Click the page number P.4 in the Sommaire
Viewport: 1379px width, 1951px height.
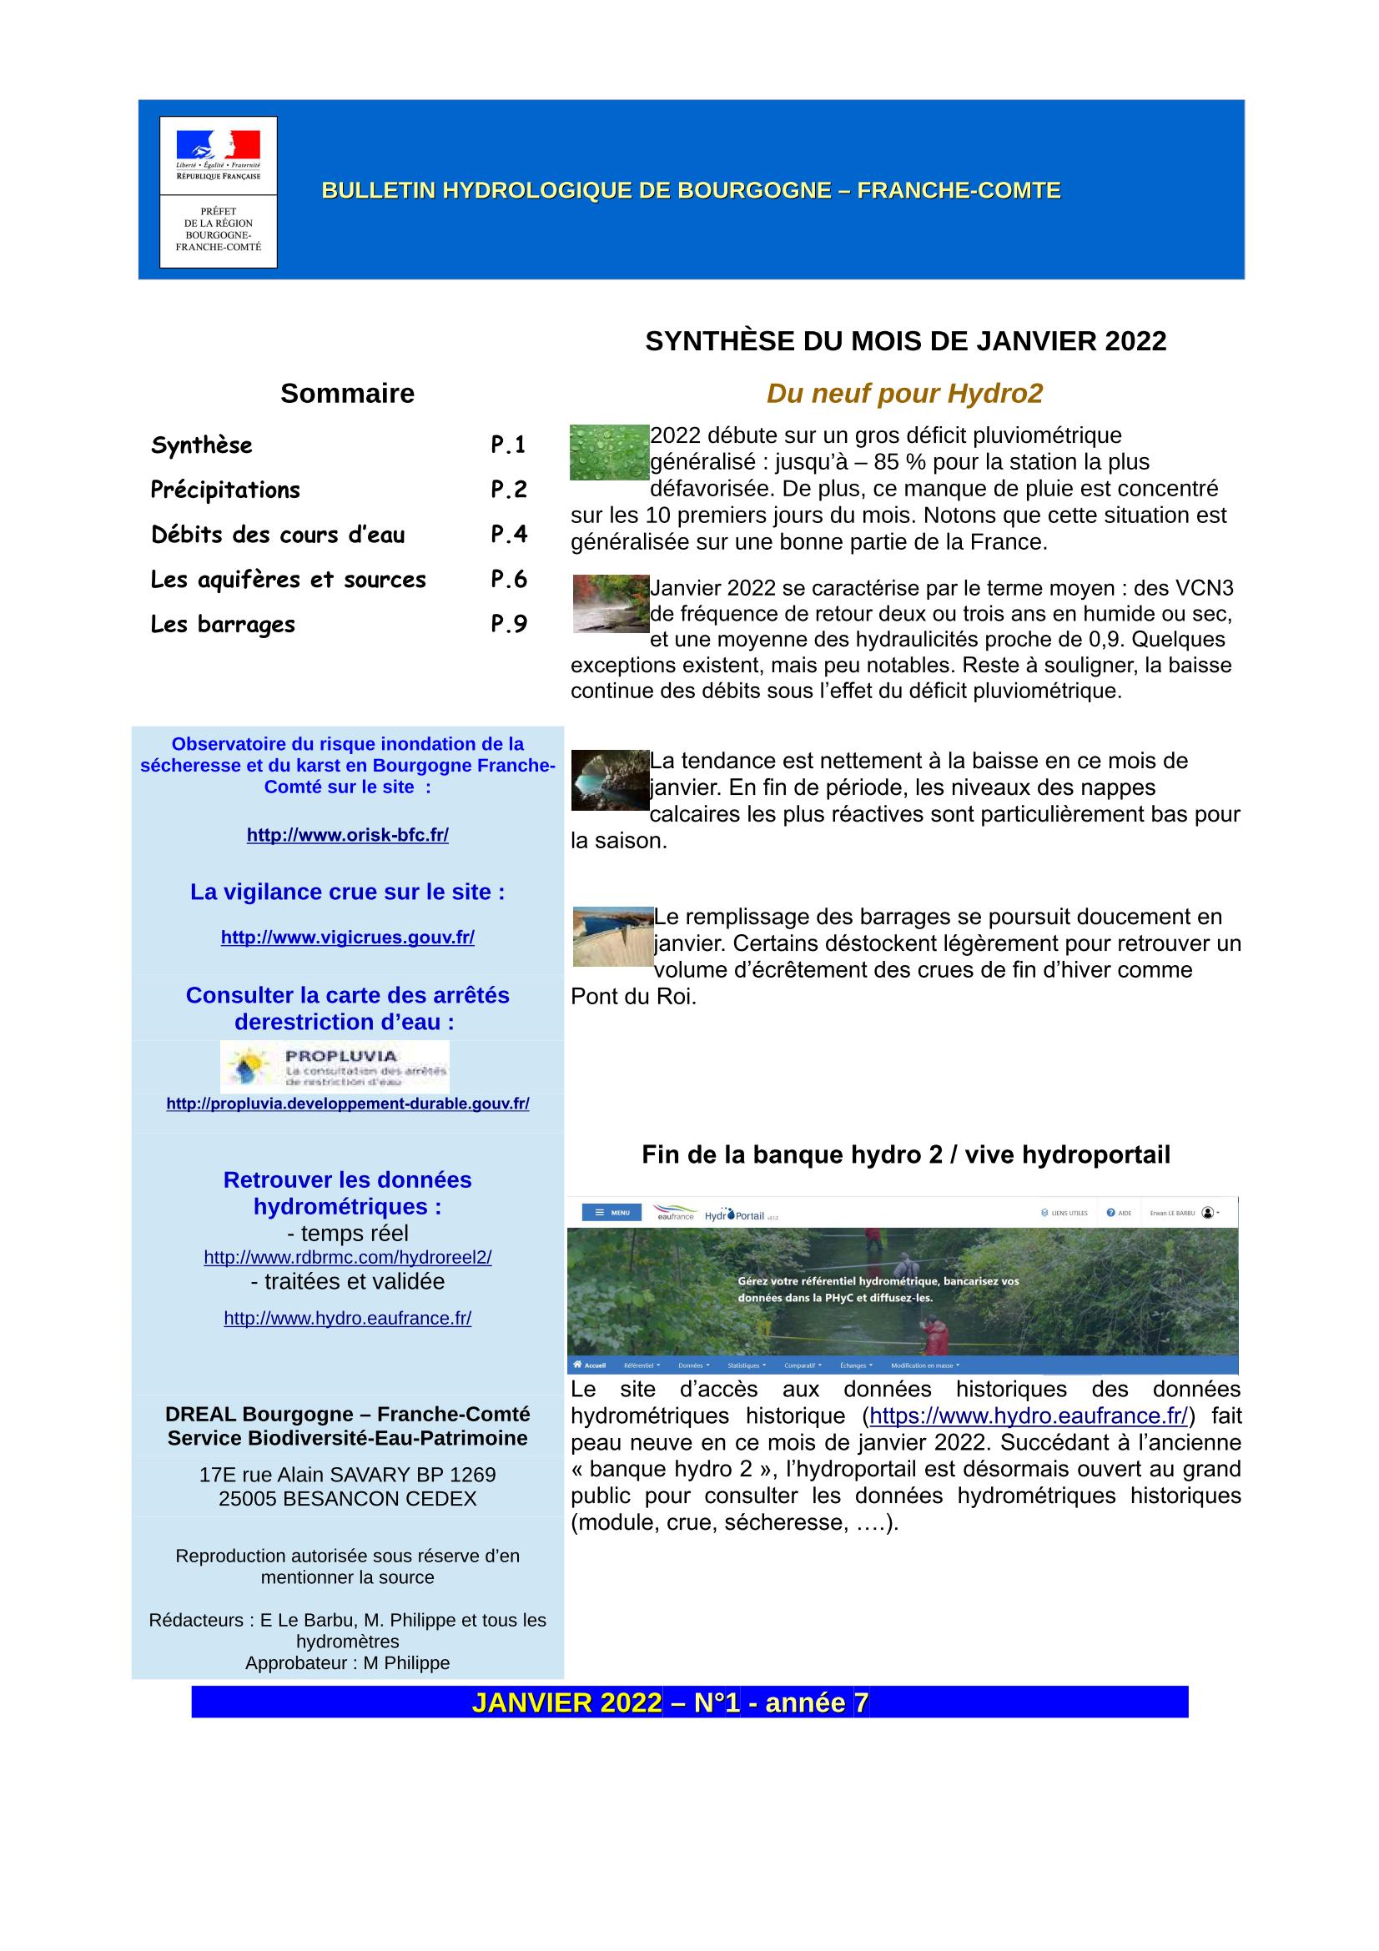click(x=509, y=534)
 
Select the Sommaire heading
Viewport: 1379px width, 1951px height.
click(x=348, y=394)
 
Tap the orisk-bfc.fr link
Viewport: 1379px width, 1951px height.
click(x=348, y=835)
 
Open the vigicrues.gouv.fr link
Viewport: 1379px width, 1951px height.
click(x=348, y=938)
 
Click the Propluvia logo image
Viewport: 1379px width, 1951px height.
click(x=335, y=1067)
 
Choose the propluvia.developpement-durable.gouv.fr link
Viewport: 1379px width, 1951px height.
click(x=348, y=1104)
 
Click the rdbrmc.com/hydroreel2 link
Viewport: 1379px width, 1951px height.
click(x=348, y=1258)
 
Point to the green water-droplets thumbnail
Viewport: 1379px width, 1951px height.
click(x=608, y=452)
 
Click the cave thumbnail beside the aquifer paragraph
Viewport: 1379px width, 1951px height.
click(x=609, y=779)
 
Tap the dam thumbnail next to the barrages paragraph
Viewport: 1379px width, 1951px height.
click(x=611, y=937)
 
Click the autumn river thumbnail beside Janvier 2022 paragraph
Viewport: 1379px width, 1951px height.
click(x=610, y=603)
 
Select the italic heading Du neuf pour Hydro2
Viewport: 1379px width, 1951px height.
click(x=904, y=394)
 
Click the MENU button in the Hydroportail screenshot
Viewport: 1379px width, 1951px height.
click(x=611, y=1213)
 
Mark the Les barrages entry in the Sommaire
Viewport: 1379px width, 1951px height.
click(x=223, y=625)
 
